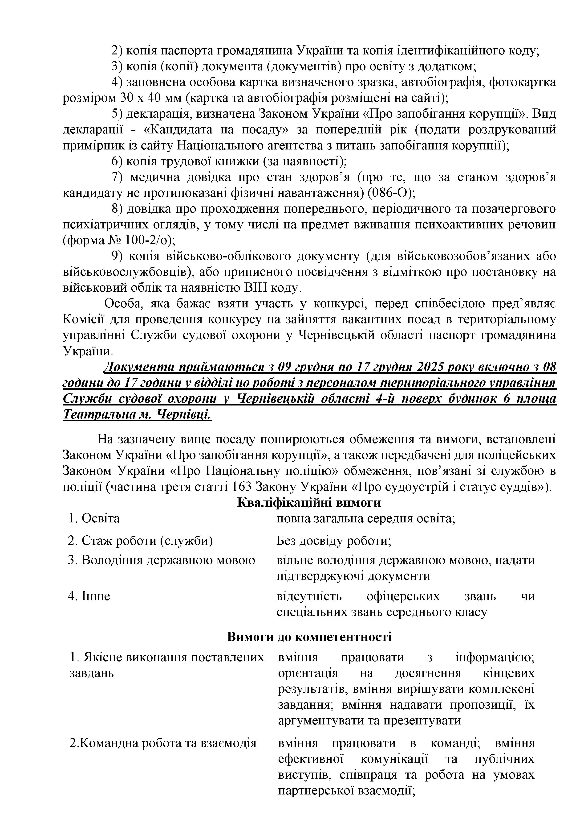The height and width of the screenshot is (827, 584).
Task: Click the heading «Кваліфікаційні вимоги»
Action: [x=309, y=502]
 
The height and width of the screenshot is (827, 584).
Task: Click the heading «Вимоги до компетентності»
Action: [x=309, y=637]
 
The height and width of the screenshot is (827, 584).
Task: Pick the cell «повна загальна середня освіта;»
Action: [x=365, y=518]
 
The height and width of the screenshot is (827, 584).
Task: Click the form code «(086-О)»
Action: [x=391, y=193]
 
